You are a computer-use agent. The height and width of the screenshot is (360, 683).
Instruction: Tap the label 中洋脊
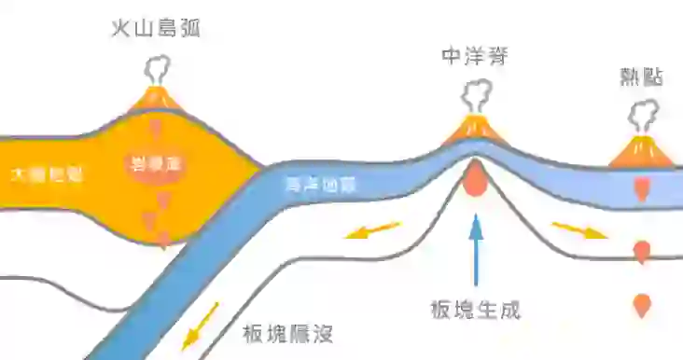pyautogui.click(x=476, y=58)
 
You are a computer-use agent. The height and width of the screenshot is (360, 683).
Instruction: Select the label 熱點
pyautogui.click(x=642, y=76)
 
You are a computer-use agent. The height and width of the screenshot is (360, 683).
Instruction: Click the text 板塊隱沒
pyautogui.click(x=287, y=333)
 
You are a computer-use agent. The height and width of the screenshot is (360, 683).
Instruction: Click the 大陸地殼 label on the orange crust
pyautogui.click(x=47, y=173)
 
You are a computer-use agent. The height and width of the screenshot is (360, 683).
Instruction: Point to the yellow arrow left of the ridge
pyautogui.click(x=372, y=229)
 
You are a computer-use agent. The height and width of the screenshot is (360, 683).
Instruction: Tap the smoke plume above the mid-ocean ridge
pyautogui.click(x=477, y=96)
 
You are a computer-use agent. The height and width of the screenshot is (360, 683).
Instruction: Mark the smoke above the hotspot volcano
pyautogui.click(x=644, y=116)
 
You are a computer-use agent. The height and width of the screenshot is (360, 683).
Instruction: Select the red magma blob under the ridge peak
pyautogui.click(x=476, y=179)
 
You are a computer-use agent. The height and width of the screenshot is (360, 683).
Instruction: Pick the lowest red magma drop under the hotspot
pyautogui.click(x=642, y=305)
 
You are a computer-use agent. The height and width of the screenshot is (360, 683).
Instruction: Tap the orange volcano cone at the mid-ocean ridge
pyautogui.click(x=476, y=130)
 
